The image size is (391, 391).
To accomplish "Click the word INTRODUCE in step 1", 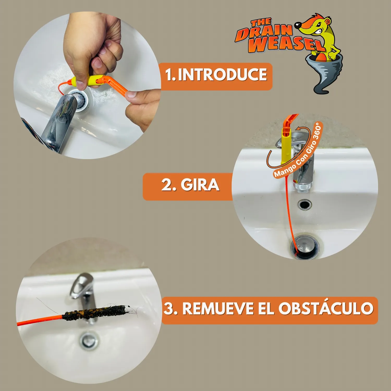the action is click(x=223, y=75).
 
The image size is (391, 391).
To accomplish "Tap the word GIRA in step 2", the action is click(x=200, y=185).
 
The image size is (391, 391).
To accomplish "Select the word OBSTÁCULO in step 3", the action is click(x=326, y=309).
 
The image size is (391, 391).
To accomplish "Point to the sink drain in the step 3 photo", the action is click(x=89, y=340).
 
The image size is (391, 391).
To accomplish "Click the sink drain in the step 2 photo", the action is click(x=305, y=246).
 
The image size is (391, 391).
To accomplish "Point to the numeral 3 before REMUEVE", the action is click(x=169, y=309).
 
